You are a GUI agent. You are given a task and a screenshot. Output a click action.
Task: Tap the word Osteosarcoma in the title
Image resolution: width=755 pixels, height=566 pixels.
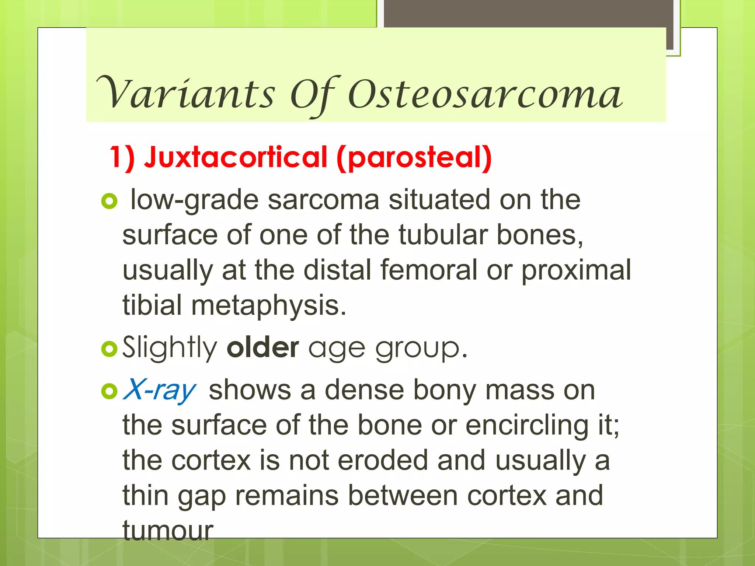click(485, 95)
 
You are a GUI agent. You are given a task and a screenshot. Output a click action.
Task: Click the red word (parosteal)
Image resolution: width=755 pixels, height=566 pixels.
click(414, 158)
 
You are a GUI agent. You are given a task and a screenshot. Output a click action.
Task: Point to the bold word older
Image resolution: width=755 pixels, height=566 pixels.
click(262, 347)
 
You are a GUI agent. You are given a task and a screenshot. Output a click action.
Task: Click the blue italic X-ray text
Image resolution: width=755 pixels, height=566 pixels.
click(160, 390)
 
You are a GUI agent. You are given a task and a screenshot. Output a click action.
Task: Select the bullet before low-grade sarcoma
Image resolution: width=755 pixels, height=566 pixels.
click(109, 201)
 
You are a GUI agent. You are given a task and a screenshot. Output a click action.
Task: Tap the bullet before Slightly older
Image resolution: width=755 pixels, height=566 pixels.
click(109, 348)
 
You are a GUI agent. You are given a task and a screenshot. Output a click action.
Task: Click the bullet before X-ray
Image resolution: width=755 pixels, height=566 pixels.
click(109, 391)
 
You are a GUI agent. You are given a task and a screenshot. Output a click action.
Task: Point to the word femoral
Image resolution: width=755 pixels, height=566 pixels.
click(429, 270)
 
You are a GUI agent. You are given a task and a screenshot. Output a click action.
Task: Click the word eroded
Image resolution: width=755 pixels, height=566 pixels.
click(383, 461)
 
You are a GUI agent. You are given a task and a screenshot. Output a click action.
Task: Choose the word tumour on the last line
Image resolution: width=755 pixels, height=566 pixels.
click(168, 531)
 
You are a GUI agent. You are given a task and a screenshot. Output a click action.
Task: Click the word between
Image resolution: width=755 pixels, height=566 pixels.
click(403, 496)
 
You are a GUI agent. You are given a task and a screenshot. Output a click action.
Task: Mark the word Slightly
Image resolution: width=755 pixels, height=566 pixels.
click(170, 347)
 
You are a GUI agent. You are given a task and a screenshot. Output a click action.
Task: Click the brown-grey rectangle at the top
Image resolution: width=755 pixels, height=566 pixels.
click(529, 13)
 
